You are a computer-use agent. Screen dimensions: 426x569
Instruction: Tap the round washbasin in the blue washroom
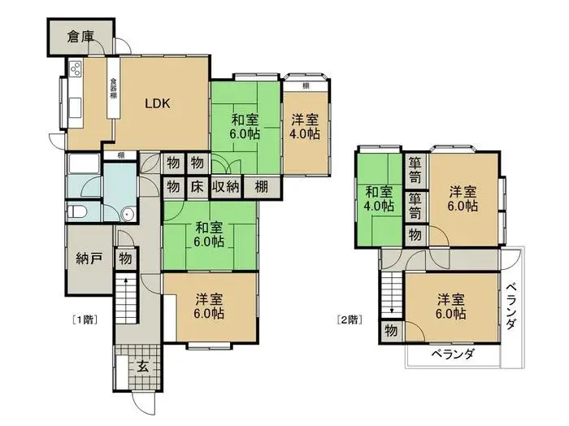[x=126, y=214]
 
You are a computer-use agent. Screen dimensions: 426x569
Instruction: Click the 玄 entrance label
[x=142, y=366]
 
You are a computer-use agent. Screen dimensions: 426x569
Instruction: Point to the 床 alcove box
[x=197, y=186]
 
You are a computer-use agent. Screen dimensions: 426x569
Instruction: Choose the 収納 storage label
[x=225, y=186]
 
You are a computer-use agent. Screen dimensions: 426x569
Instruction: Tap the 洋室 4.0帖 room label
[x=306, y=127]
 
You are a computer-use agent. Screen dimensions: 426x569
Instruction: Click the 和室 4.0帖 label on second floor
[x=379, y=199]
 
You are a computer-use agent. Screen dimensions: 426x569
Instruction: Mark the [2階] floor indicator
[x=350, y=319]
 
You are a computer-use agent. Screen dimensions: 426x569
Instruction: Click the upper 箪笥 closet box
[x=415, y=169]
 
